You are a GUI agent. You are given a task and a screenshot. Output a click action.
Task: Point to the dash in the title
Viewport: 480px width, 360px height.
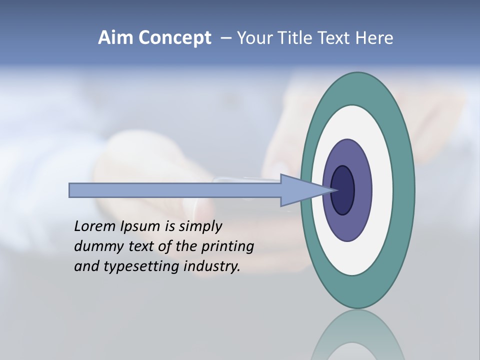[x=226, y=38]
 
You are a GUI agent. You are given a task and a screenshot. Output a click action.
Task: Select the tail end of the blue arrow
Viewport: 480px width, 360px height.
[x=71, y=190]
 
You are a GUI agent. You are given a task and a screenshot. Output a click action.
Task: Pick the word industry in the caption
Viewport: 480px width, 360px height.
[x=212, y=266]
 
